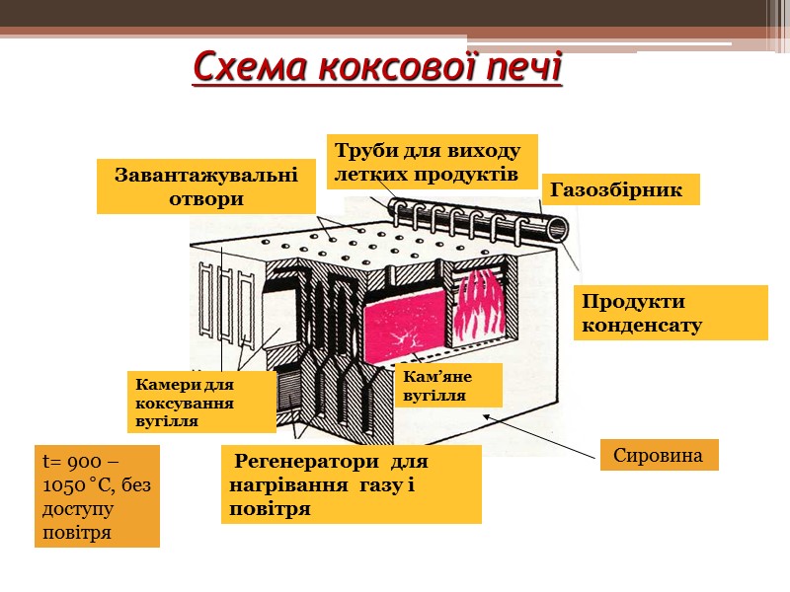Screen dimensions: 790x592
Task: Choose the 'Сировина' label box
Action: pos(658,456)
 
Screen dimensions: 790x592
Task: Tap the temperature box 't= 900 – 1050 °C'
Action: pos(96,496)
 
